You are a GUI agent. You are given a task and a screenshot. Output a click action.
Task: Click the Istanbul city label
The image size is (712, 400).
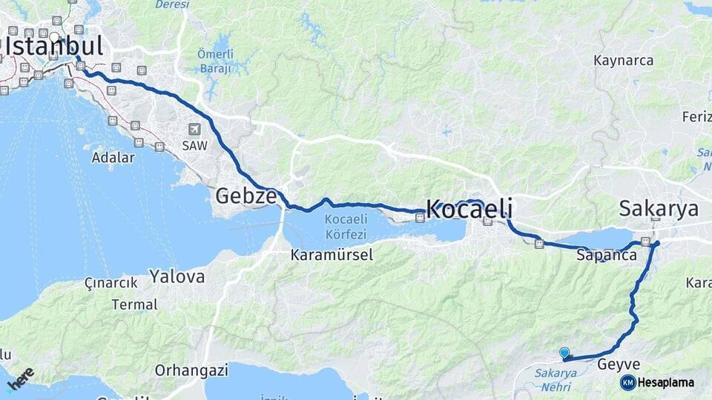click(x=53, y=47)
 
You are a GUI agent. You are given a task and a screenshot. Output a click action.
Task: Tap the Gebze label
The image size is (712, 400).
click(x=245, y=196)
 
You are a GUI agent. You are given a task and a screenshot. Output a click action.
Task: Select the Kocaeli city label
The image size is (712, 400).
click(x=469, y=209)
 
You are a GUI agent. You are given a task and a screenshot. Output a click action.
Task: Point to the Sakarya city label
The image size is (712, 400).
click(x=658, y=208)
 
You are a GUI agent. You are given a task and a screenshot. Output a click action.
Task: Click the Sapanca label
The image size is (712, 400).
click(x=606, y=255)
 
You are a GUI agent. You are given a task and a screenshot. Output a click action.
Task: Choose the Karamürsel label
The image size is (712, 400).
click(x=332, y=255)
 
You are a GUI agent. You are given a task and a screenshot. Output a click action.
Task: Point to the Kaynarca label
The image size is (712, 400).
click(x=623, y=60)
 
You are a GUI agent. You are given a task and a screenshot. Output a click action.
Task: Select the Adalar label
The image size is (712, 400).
click(x=113, y=157)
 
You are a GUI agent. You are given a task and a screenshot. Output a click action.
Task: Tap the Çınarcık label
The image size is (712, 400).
click(x=111, y=283)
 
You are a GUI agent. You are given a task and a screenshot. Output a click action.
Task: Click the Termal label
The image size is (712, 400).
click(x=134, y=304)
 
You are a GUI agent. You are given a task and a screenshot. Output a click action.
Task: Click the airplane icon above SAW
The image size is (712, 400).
click(x=195, y=129)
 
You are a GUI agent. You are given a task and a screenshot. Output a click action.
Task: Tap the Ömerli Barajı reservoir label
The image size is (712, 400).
click(x=215, y=61)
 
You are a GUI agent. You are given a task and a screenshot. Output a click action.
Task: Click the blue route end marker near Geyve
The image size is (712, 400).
click(x=564, y=353)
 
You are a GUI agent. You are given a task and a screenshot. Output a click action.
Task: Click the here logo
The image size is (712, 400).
click(x=20, y=379)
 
